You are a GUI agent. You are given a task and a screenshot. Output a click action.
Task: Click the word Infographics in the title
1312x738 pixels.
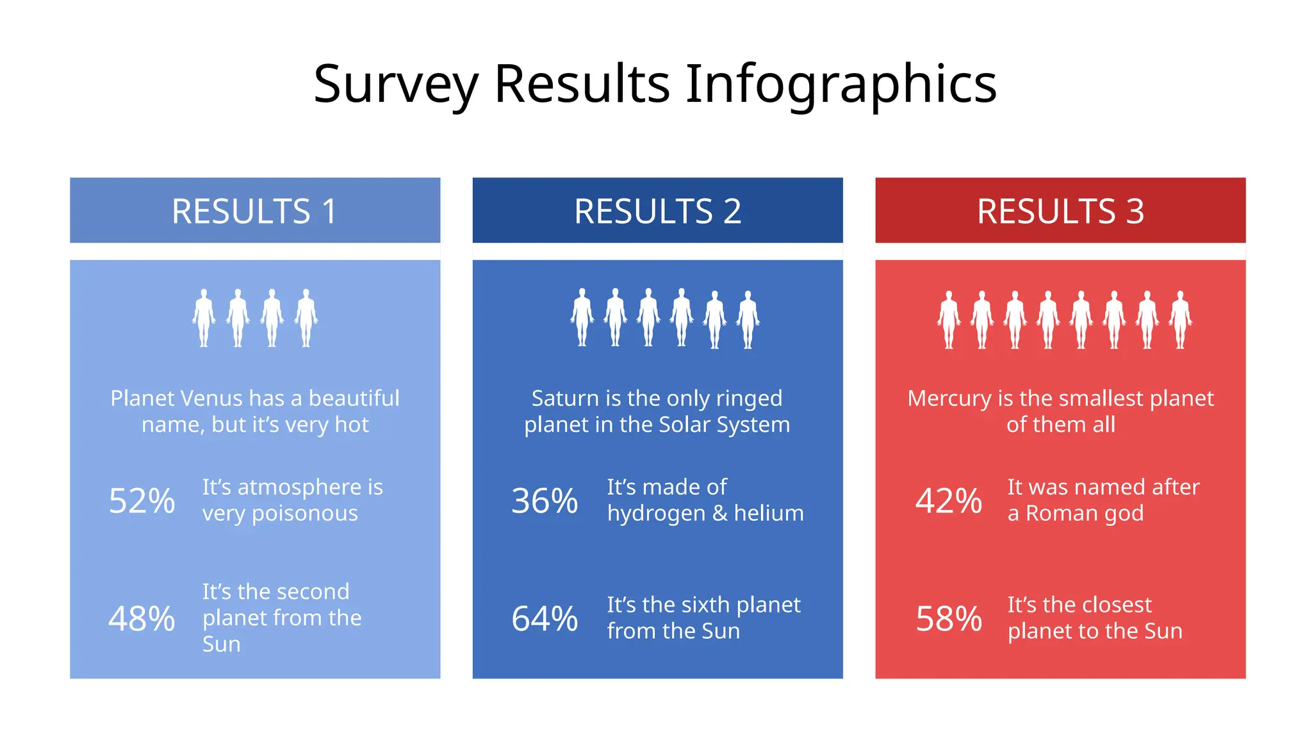pyautogui.click(x=840, y=85)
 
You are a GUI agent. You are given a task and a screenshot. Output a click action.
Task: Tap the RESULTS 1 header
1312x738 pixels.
pyautogui.click(x=254, y=211)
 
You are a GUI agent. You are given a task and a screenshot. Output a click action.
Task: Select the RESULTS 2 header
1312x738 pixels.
pyautogui.click(x=657, y=211)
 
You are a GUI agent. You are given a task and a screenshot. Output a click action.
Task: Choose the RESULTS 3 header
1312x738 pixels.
pyautogui.click(x=1060, y=211)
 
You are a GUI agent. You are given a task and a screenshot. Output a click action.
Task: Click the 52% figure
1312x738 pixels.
pyautogui.click(x=142, y=501)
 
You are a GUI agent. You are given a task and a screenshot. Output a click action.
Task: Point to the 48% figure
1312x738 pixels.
pyautogui.click(x=142, y=619)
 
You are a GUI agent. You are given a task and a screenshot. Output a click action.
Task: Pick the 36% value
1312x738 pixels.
pyautogui.click(x=545, y=501)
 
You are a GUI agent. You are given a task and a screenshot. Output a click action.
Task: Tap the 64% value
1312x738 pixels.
pyautogui.click(x=545, y=619)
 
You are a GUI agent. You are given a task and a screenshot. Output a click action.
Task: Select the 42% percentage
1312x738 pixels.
pyautogui.click(x=948, y=501)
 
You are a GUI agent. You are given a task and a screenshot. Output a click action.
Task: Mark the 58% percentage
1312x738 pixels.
pyautogui.click(x=948, y=619)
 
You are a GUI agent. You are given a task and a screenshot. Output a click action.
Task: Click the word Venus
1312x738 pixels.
pyautogui.click(x=212, y=398)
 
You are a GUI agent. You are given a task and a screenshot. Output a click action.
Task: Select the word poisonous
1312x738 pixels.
pyautogui.click(x=305, y=514)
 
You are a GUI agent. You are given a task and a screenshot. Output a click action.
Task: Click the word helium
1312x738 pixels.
pyautogui.click(x=769, y=514)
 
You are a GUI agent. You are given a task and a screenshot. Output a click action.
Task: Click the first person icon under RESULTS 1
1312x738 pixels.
pyautogui.click(x=204, y=318)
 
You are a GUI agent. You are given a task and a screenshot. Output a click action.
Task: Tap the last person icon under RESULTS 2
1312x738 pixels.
pyautogui.click(x=748, y=320)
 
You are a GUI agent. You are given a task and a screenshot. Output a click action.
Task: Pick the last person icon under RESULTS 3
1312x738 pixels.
pyautogui.click(x=1180, y=320)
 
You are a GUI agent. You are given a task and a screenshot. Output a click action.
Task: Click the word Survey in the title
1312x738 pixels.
pyautogui.click(x=396, y=85)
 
